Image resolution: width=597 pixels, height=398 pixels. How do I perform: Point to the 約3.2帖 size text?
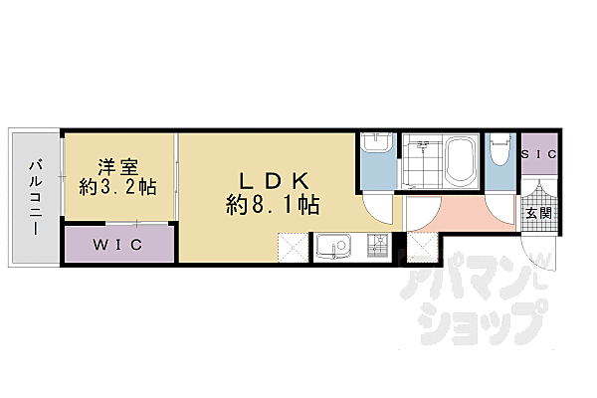tap(119, 186)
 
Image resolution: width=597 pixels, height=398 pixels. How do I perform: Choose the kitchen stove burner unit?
tap(377, 246)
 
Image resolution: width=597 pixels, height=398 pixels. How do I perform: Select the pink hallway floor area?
tap(453, 214)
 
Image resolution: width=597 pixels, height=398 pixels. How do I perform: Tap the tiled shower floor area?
tap(420, 162)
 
